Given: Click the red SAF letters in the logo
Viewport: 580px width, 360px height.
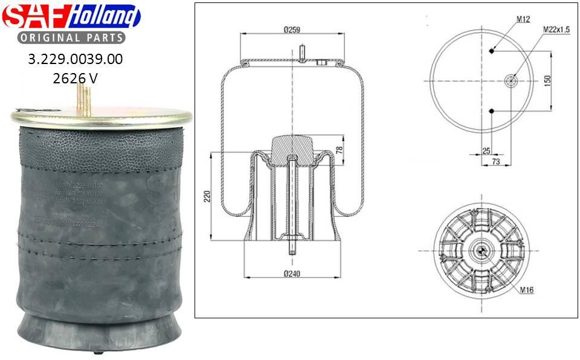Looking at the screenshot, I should tap(35, 16).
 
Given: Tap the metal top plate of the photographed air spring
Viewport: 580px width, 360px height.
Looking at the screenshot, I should tap(100, 118).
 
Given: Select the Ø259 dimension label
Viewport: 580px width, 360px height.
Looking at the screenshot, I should tap(292, 30).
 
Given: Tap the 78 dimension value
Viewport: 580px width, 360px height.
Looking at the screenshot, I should tap(340, 149).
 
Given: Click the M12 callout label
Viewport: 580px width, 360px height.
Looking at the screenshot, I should tap(523, 19).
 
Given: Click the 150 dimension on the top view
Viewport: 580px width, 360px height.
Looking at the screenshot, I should tap(548, 81).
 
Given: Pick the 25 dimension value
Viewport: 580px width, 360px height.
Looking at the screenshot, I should tap(486, 150).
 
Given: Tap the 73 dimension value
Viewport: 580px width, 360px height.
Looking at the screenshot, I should tap(496, 162).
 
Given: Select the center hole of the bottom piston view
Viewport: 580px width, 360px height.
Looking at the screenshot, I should tap(482, 249).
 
